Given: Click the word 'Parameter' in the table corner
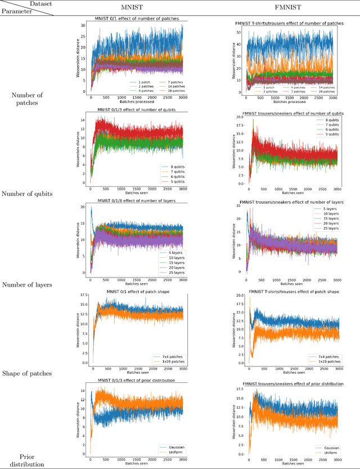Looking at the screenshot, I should click(x=17, y=10).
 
